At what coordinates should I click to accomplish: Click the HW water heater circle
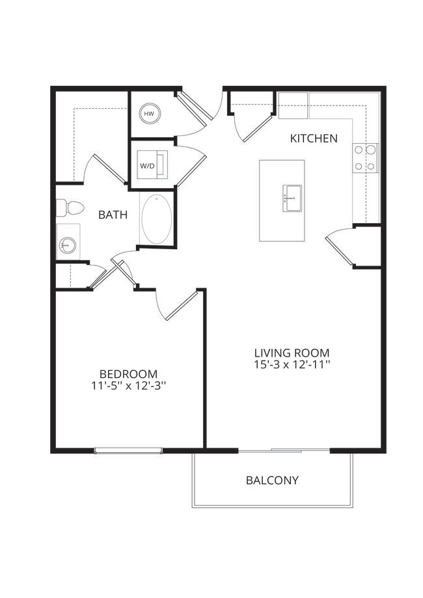[149, 113]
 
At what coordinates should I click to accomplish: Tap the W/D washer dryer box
[152, 165]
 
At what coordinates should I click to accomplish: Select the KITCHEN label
[314, 138]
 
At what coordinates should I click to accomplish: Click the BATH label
[113, 215]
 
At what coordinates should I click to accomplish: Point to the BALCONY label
[272, 480]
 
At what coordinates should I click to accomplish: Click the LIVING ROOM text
[292, 353]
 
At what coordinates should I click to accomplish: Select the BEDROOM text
[128, 374]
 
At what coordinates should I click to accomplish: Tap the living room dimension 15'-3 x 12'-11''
[292, 366]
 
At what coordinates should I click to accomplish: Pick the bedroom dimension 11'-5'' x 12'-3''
[128, 386]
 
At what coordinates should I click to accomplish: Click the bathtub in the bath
[157, 219]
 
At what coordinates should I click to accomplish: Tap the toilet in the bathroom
[70, 208]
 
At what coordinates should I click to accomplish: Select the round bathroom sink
[67, 245]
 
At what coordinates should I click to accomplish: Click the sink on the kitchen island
[292, 198]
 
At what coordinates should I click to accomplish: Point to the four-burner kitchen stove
[366, 157]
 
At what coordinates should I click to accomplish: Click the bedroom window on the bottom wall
[128, 450]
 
